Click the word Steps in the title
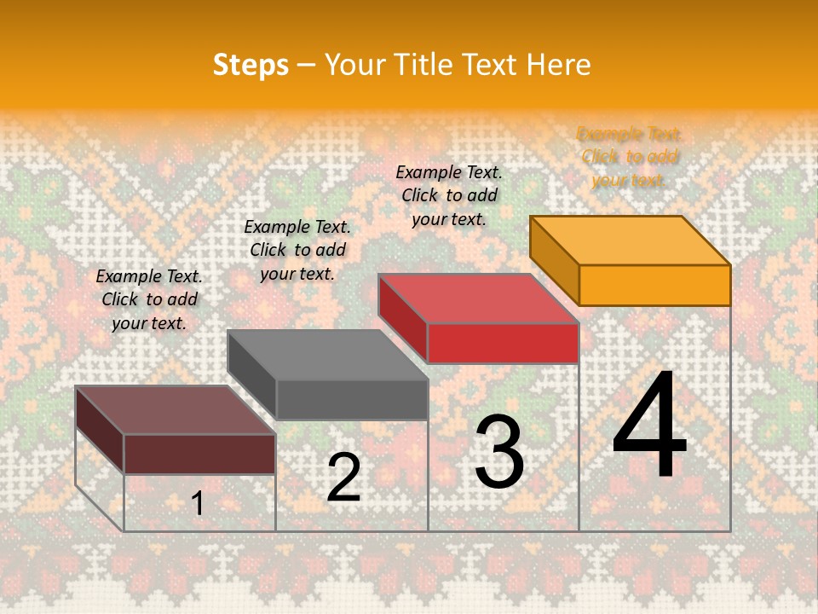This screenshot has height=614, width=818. point(251,65)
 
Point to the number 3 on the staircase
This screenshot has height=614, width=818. point(499,452)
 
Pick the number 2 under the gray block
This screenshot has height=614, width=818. point(343,478)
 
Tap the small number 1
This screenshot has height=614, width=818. point(198,504)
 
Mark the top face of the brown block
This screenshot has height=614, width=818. point(176,410)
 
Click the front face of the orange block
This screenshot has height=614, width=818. point(654,285)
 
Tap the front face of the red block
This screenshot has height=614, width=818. point(503,343)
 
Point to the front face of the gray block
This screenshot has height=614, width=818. point(352,399)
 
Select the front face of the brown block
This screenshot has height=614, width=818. point(199,454)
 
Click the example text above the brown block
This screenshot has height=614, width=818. point(149,299)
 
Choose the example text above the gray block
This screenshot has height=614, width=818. point(297,250)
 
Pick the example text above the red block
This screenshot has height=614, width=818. point(449,195)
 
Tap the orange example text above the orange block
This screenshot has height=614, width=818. point(630,157)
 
